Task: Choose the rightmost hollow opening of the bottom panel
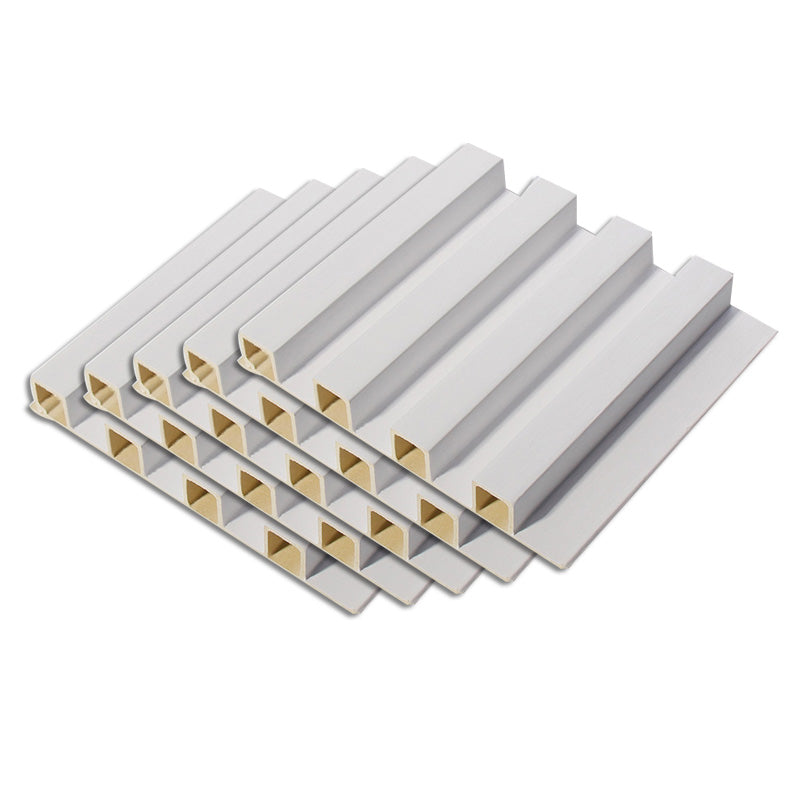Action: click(279, 543)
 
